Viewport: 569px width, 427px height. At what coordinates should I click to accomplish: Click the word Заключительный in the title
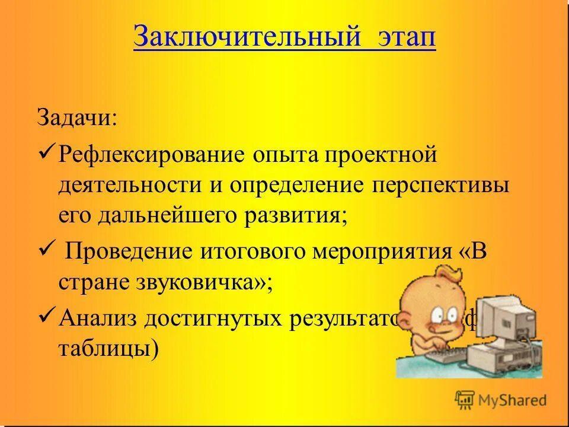247,37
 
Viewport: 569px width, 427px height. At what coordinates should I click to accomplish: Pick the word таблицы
108,350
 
